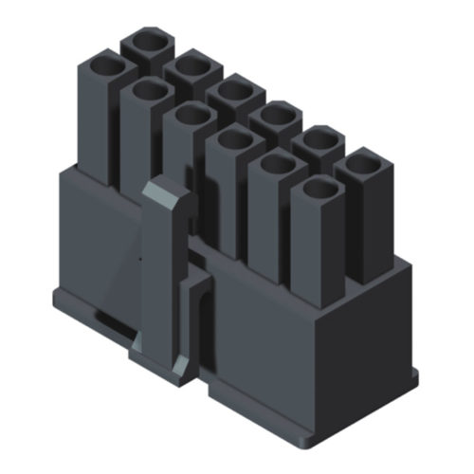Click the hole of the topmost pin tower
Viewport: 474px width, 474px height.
147,43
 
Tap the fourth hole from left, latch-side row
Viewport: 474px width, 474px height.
233,140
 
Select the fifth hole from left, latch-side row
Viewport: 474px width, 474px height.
276,164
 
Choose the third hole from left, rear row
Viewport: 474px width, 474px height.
233,91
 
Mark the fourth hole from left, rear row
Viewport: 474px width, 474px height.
276,116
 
